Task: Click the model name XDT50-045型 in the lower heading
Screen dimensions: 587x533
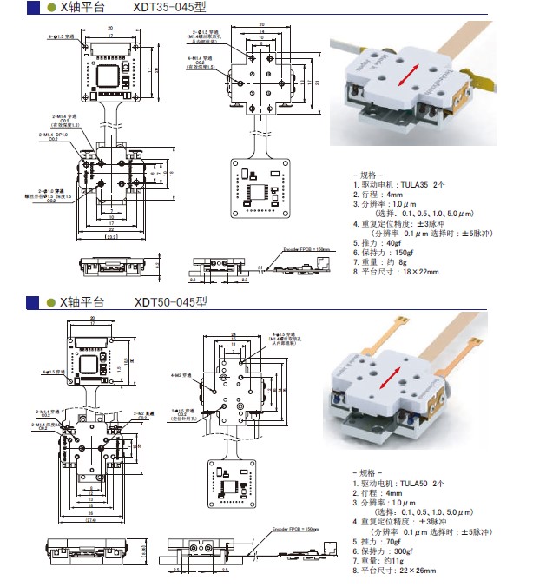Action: tap(171, 302)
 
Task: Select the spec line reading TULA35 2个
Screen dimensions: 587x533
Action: tap(399, 184)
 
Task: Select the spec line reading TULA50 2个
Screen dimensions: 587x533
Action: tap(399, 483)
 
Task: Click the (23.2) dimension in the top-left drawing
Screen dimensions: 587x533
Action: tap(111, 236)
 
